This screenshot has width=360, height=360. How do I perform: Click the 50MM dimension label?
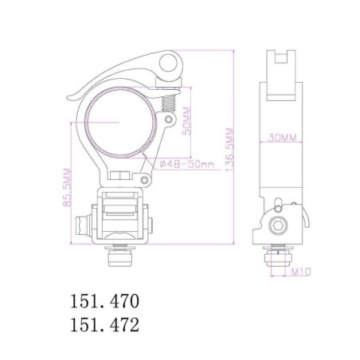coord(187,121)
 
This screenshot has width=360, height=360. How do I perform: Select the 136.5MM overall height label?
coord(230,150)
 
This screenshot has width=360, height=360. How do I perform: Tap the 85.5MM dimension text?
coord(67,187)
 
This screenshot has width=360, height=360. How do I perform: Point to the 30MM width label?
coord(282,138)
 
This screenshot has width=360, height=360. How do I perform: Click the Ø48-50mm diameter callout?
coord(187,164)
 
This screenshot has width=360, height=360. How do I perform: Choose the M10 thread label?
coord(301,272)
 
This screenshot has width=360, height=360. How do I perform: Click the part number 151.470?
coord(104,301)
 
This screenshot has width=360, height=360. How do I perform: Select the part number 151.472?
coord(104,324)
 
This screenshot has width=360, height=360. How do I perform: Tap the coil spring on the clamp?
coord(169,103)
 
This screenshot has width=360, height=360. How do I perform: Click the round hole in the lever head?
coord(168,63)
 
